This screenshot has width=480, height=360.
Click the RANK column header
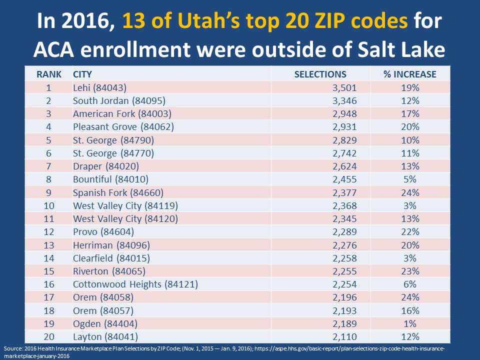click(49, 74)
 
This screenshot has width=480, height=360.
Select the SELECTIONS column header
click(320, 74)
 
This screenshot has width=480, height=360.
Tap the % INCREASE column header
click(409, 74)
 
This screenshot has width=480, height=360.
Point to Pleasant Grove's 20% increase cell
click(409, 127)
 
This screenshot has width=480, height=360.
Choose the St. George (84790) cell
click(113, 140)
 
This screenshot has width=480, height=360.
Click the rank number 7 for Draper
click(49, 166)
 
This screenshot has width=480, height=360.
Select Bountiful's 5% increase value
click(409, 179)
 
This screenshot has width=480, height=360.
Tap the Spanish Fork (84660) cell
click(118, 192)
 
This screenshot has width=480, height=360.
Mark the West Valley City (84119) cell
click(125, 205)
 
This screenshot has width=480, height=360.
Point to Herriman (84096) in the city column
click(111, 245)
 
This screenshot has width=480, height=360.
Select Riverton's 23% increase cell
click(409, 271)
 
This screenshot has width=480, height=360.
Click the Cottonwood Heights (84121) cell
click(135, 284)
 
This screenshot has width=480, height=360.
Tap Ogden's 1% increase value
click(409, 323)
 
